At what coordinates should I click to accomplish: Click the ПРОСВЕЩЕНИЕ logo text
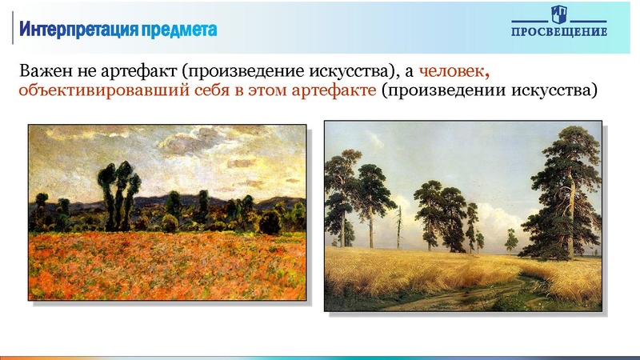[559, 32]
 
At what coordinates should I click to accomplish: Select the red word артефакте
[336, 90]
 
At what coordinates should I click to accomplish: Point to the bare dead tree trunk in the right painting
[398, 228]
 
